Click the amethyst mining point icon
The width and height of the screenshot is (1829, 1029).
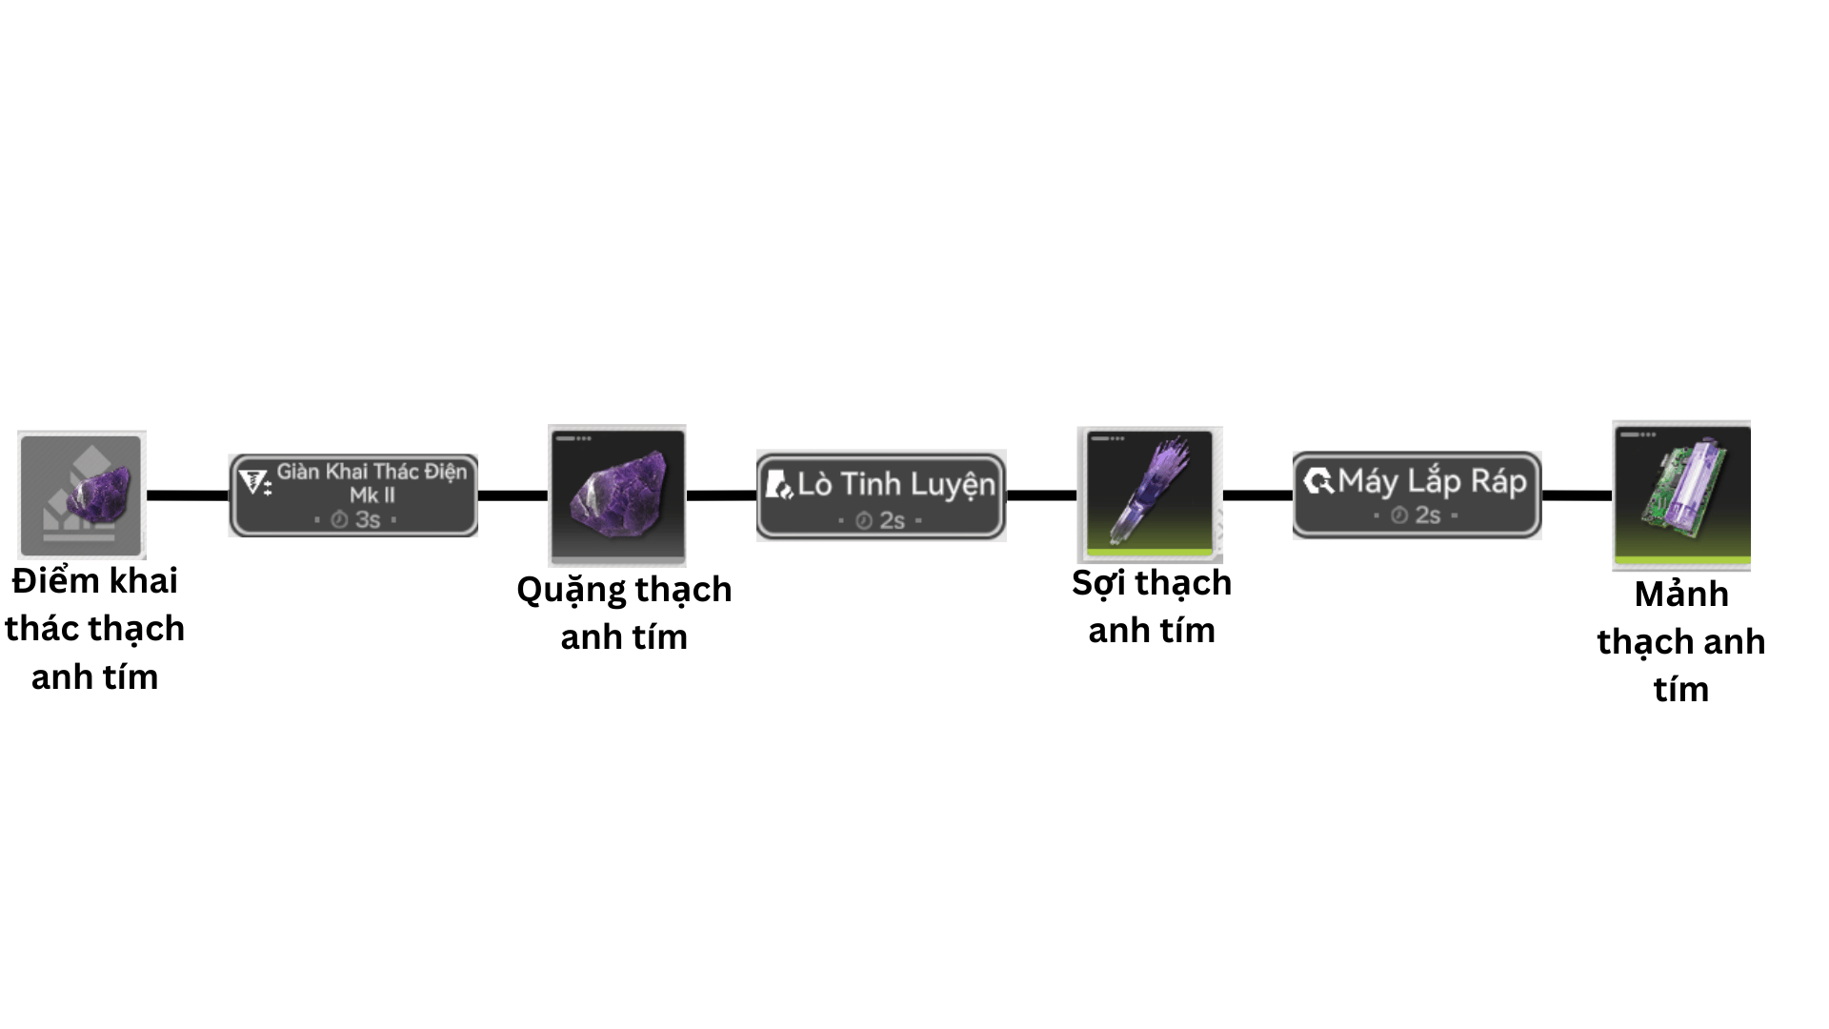(x=82, y=494)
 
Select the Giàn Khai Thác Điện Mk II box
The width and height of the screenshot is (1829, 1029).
(x=353, y=495)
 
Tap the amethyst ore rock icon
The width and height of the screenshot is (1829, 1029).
(x=617, y=494)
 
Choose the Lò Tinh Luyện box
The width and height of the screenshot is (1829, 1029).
(x=881, y=495)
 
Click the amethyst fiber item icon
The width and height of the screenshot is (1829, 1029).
(x=1150, y=494)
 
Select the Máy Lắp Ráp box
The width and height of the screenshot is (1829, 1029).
(x=1417, y=494)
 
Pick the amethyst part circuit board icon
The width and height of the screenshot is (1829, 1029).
(x=1682, y=494)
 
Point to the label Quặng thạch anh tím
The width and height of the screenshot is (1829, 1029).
(x=624, y=613)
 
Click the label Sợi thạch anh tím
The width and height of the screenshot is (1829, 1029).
(x=1152, y=606)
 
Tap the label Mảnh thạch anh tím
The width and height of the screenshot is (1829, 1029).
(x=1681, y=641)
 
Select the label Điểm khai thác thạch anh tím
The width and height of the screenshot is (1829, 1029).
(x=94, y=628)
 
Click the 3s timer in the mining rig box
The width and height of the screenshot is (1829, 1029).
(x=359, y=519)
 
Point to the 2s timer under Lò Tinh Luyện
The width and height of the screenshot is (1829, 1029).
(x=884, y=520)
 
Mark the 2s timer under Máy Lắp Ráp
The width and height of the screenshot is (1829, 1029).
(x=1419, y=515)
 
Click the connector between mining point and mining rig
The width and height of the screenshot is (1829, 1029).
(x=188, y=495)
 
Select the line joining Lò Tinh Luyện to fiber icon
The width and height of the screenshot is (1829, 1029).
(x=1041, y=495)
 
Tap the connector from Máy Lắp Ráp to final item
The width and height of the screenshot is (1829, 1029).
(x=1577, y=495)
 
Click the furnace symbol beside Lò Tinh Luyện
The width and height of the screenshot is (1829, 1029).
(x=779, y=485)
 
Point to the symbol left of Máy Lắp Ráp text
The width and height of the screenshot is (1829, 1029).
(x=1318, y=481)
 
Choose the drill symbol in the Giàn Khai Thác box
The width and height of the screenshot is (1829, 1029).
(x=254, y=482)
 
